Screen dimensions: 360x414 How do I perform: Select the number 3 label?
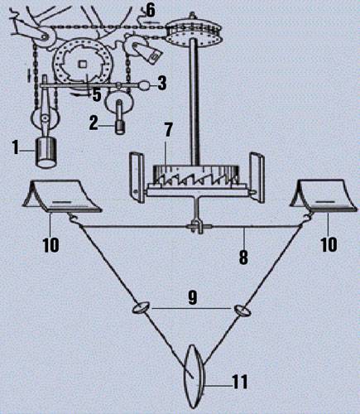162,83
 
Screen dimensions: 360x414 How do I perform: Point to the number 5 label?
96,94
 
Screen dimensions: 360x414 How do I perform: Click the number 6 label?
151,10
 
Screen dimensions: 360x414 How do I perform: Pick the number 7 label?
168,130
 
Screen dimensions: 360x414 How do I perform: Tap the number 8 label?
243,257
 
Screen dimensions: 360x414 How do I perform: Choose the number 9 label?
193,299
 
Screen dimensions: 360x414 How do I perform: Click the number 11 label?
239,382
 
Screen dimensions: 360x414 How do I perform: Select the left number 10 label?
50,244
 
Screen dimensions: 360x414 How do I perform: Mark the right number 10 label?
329,244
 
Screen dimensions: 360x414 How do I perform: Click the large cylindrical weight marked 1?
47,152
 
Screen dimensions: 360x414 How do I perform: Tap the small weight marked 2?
120,128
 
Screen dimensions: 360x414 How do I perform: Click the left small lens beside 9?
142,308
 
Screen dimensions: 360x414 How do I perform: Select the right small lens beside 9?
242,310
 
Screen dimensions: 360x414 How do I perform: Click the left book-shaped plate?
62,196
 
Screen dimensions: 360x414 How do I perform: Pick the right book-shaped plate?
323,196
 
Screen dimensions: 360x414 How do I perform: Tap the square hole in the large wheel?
83,64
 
